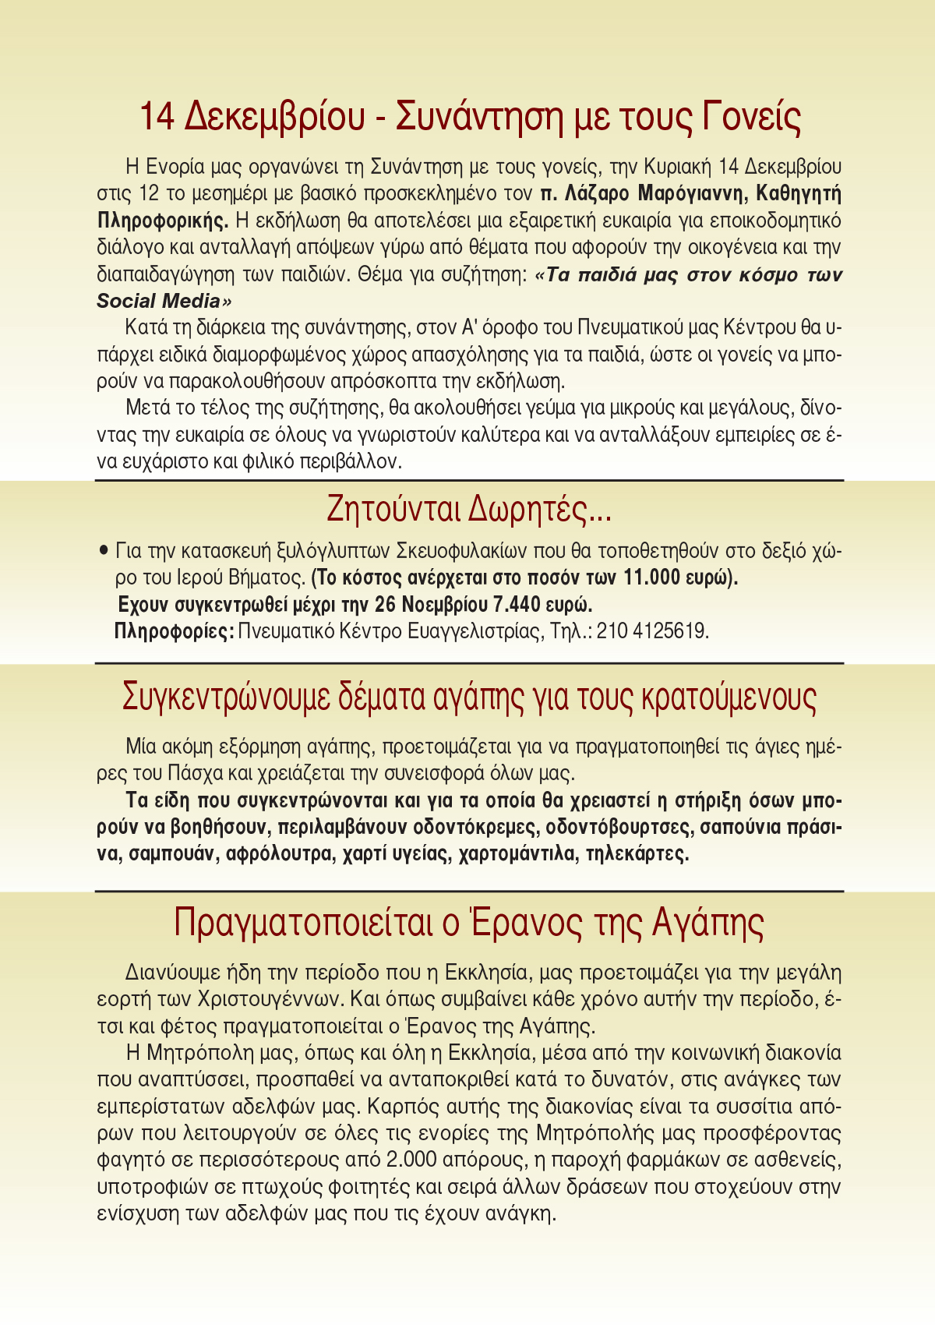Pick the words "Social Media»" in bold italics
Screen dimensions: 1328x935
coord(164,301)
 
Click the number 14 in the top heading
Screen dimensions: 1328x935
coord(157,117)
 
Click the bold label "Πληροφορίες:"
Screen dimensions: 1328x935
coord(174,630)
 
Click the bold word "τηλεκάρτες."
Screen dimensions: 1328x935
coord(637,853)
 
